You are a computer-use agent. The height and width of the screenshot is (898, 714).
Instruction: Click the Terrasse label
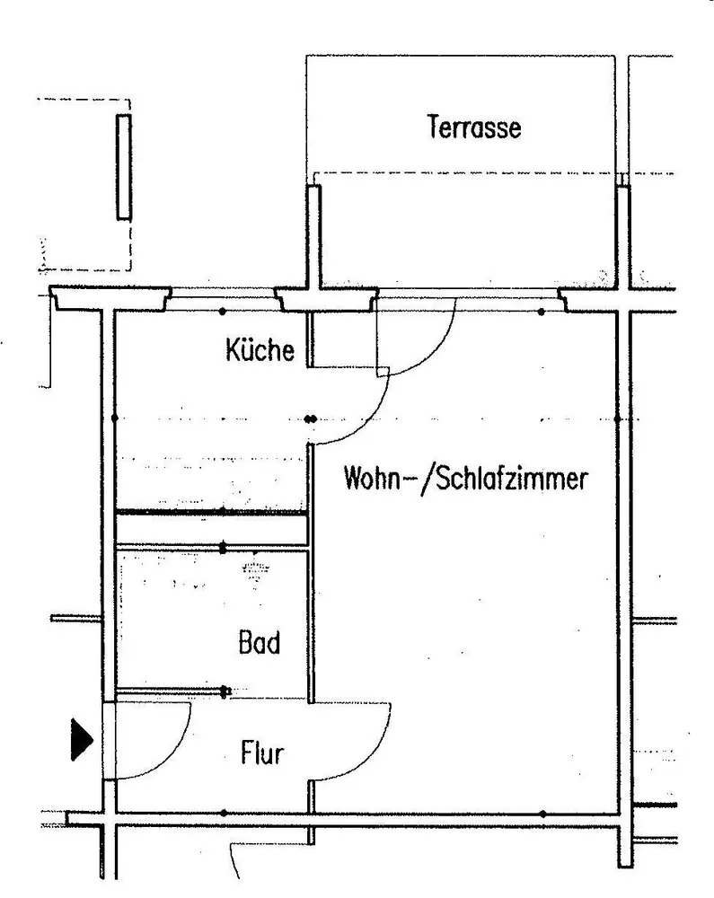pos(474,128)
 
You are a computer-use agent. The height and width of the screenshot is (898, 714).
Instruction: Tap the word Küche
pos(260,349)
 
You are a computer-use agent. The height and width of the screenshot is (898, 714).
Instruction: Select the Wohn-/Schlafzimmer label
pos(465,479)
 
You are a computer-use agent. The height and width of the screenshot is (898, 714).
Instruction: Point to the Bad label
pos(260,643)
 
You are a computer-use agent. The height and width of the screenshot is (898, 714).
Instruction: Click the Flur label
pos(262,753)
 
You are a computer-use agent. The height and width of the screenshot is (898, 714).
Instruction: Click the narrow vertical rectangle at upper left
pos(124,167)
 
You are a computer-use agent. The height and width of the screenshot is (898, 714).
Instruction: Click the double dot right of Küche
pos(311,418)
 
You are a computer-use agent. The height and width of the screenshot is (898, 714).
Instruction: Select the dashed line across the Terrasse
pos(467,173)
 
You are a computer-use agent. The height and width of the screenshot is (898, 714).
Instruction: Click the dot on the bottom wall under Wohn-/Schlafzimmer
pos(542,814)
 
